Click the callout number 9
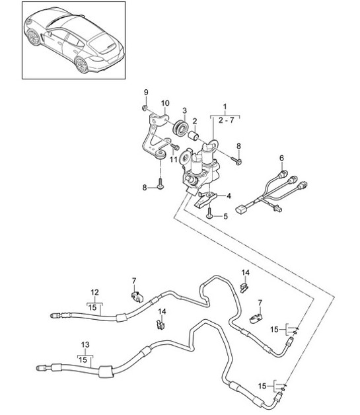pos(147,91)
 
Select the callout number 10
pos(165,103)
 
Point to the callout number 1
pos(225,106)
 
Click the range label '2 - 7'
pos(225,120)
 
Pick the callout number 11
pos(173,159)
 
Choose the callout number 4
pos(229,196)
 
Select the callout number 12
pos(94,292)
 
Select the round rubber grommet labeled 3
pos(178,127)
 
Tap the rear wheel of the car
pos(83,64)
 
